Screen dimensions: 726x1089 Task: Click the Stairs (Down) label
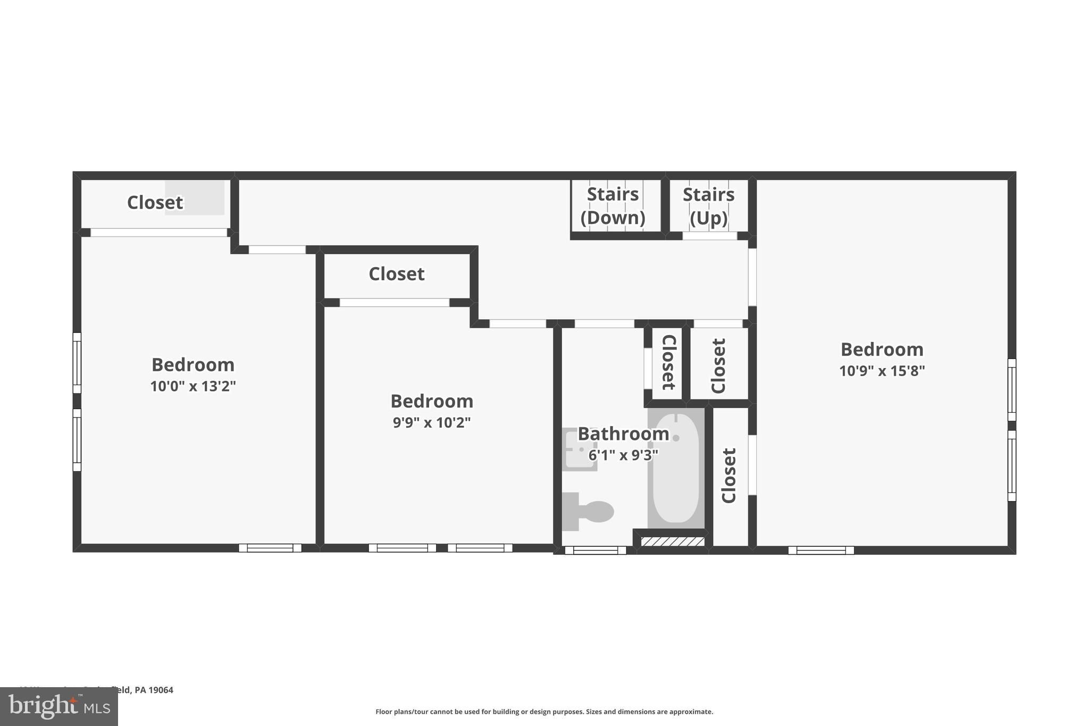613,206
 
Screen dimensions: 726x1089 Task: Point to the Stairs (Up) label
708,206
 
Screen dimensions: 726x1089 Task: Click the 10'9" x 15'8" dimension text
882,371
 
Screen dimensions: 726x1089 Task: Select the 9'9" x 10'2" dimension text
432,423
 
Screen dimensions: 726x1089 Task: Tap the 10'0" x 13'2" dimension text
192,386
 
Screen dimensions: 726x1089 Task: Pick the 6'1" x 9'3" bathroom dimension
623,455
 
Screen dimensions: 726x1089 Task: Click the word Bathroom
623,434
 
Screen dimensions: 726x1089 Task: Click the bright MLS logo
59,707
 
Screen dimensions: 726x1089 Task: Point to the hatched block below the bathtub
673,542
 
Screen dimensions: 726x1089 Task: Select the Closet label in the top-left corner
155,203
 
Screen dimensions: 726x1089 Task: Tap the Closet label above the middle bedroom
396,274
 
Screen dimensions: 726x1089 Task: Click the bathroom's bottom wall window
595,550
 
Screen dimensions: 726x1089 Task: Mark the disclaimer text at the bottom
544,712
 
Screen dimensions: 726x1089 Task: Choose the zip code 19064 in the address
161,690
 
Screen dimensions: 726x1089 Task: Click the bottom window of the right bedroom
821,550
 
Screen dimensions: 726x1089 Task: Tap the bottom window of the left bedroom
270,548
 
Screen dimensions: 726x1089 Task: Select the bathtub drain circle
676,438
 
